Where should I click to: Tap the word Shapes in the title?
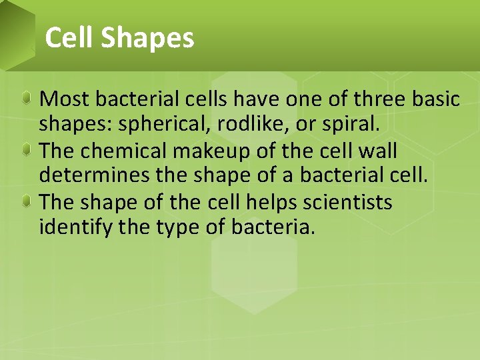coord(148,39)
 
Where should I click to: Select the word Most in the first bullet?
coord(65,99)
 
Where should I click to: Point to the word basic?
coord(434,99)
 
